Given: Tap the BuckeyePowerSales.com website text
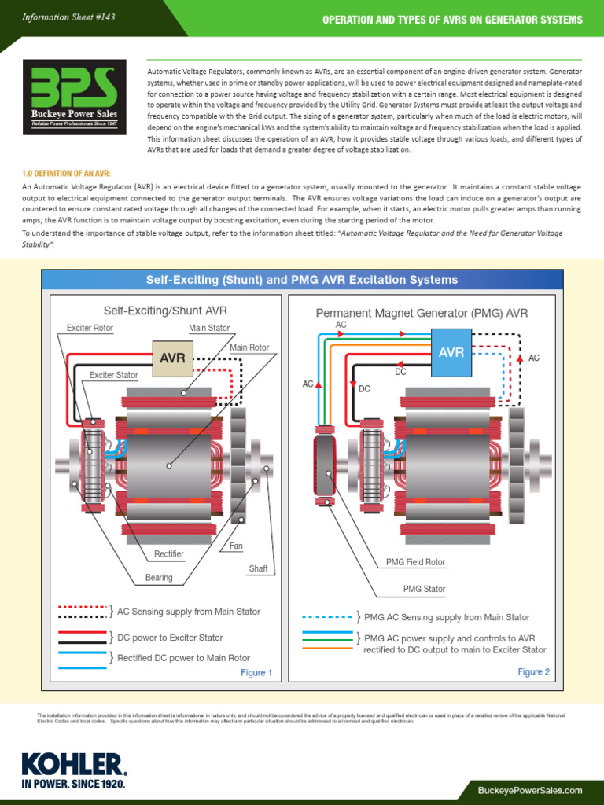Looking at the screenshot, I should tap(529, 789).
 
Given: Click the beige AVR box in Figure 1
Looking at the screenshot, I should tap(172, 358).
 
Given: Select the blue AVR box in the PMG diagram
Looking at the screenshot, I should tap(451, 352).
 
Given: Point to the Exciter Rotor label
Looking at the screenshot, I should tap(90, 328).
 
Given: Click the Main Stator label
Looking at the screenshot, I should tap(209, 328).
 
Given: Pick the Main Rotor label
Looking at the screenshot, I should tap(249, 347).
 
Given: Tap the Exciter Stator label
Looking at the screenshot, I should tap(113, 375).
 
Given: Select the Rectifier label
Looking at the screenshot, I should tap(169, 554).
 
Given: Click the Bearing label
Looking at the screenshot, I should tap(158, 578).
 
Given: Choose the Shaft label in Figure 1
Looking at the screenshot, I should tap(258, 568).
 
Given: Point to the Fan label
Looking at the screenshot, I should tap(236, 546).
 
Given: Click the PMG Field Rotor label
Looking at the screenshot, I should tap(415, 563).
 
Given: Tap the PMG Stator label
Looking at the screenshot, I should tap(424, 589).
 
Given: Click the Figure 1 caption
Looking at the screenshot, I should tap(256, 672).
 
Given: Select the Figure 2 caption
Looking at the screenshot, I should tap(534, 671).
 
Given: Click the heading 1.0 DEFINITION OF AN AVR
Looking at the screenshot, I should tap(67, 172).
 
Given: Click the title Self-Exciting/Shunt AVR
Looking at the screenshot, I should tap(166, 311).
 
